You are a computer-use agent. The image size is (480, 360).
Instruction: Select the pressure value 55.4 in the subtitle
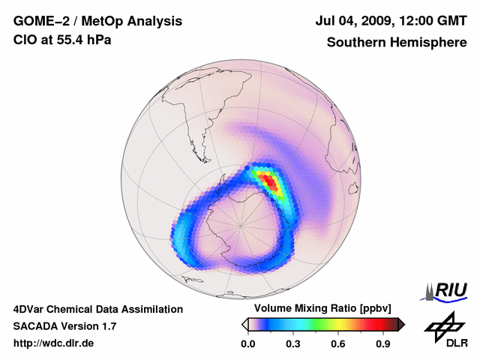pos(73,40)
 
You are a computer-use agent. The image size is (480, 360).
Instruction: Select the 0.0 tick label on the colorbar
pos(247,344)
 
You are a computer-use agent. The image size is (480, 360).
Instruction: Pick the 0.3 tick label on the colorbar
pos(293,344)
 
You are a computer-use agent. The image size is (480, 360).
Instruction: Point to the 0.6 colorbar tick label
pos(338,344)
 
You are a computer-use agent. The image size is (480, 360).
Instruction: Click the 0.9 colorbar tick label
pos(384,344)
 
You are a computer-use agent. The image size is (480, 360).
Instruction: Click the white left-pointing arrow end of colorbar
pos(244,324)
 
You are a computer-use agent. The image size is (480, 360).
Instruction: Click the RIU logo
pos(447,290)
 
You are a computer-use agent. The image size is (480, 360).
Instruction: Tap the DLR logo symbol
pos(442,325)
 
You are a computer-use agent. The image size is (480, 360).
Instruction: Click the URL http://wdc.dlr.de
pos(54,343)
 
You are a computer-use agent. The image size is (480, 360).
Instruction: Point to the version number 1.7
pos(106,326)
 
